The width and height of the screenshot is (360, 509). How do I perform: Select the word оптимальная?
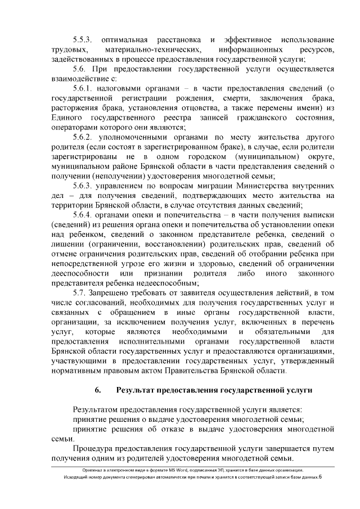124,40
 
